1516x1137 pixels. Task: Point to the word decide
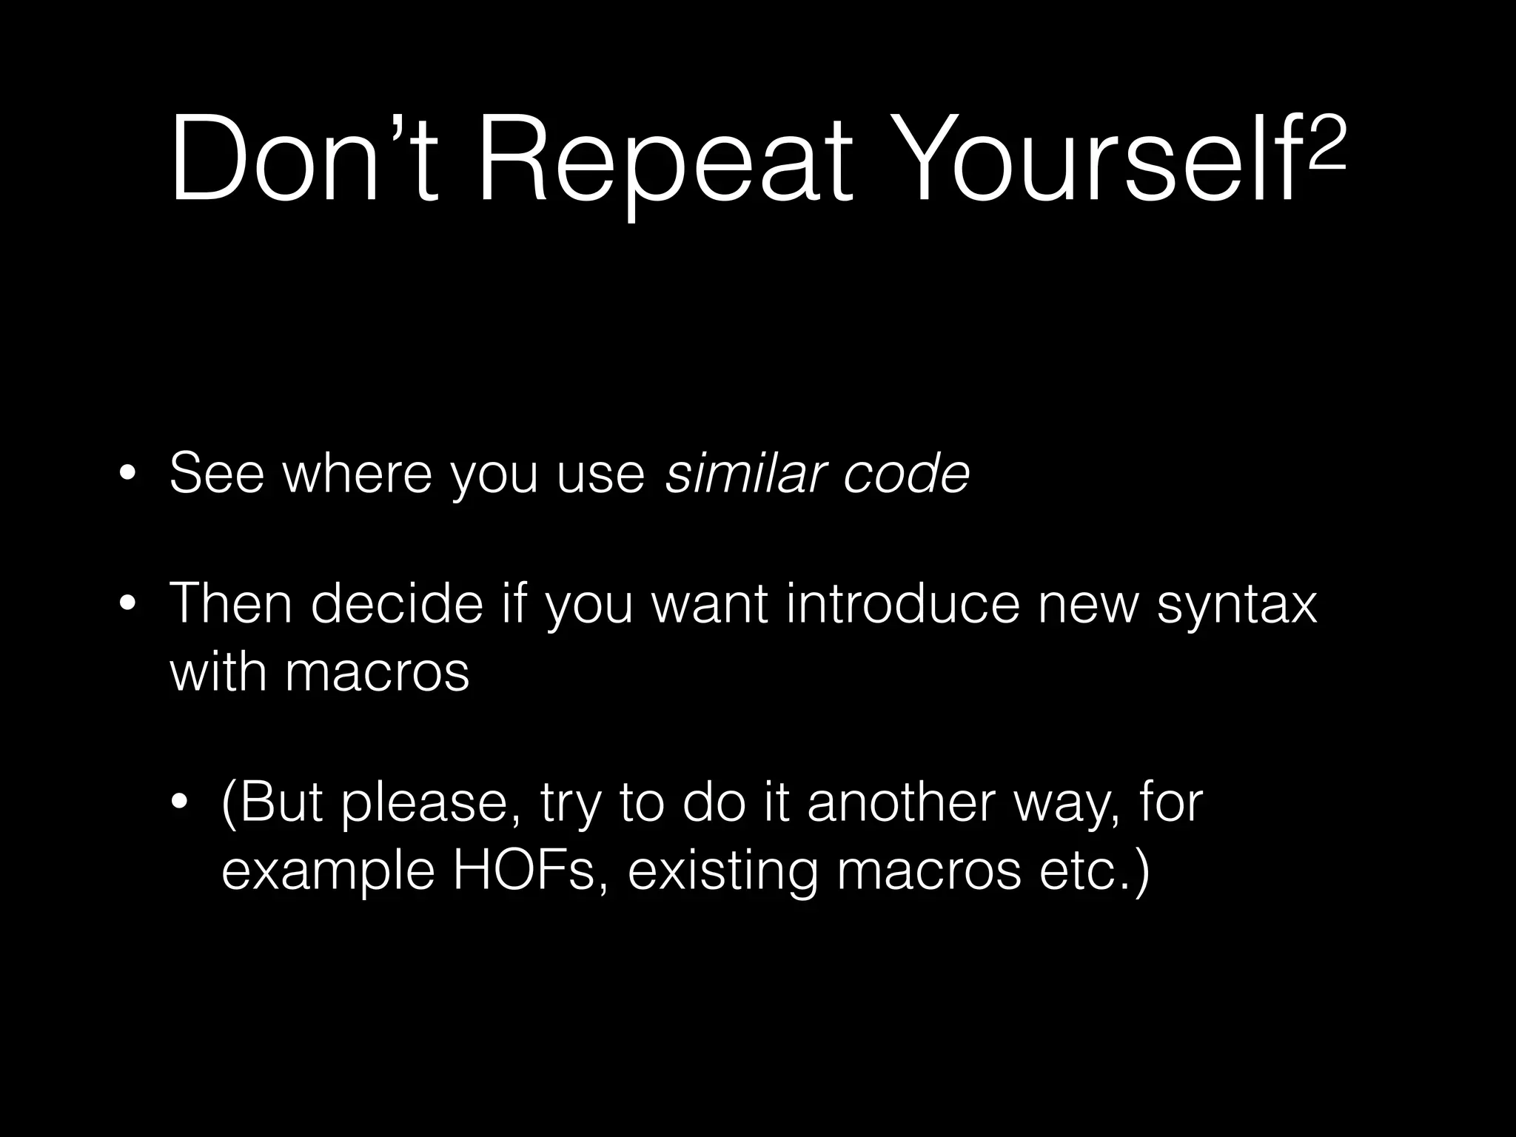click(397, 604)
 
